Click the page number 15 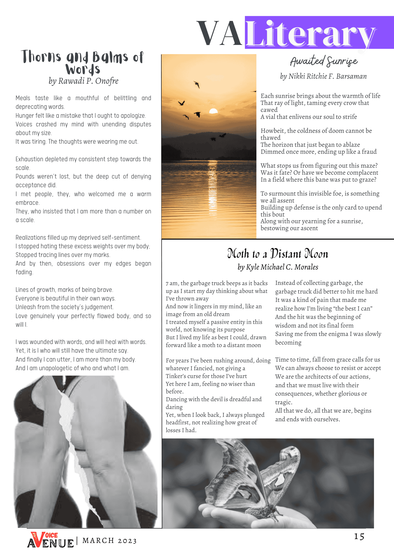(x=359, y=537)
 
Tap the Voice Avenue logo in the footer (x=50, y=540)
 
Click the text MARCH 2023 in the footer (x=110, y=541)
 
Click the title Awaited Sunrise (x=324, y=61)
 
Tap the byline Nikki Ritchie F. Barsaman (x=323, y=76)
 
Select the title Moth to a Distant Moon (x=278, y=254)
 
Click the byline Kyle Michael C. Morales (x=278, y=267)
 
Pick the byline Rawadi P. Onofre (x=83, y=81)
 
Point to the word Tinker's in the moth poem (x=176, y=376)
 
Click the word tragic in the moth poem (x=283, y=402)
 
